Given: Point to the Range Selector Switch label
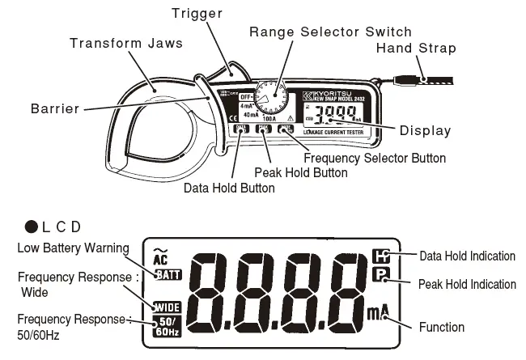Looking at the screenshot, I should [x=329, y=32].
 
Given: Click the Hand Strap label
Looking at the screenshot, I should [x=416, y=49].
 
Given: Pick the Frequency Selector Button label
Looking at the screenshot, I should [x=374, y=159].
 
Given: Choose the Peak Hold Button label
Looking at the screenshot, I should [x=300, y=172].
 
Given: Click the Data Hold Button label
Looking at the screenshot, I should [x=229, y=188].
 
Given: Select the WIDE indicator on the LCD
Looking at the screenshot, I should [x=167, y=307].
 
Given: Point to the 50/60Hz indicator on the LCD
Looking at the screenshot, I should [x=167, y=327].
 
